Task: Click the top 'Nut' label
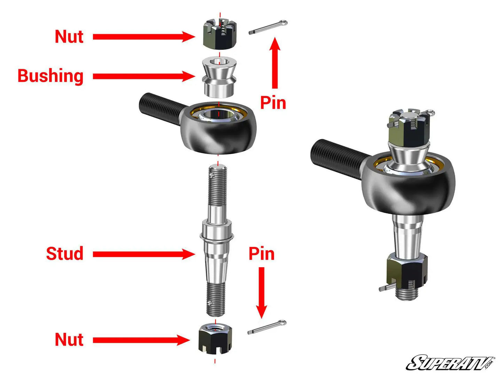(69, 37)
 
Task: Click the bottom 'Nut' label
(69, 340)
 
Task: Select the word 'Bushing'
(50, 76)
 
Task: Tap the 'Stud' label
(65, 254)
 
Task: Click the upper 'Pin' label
(273, 103)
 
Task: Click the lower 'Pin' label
(261, 254)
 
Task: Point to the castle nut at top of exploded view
(220, 35)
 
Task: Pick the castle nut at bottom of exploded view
(215, 338)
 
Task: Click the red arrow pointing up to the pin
(275, 63)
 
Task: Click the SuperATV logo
(450, 363)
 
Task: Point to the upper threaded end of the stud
(218, 185)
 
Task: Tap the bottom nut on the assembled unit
(407, 272)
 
